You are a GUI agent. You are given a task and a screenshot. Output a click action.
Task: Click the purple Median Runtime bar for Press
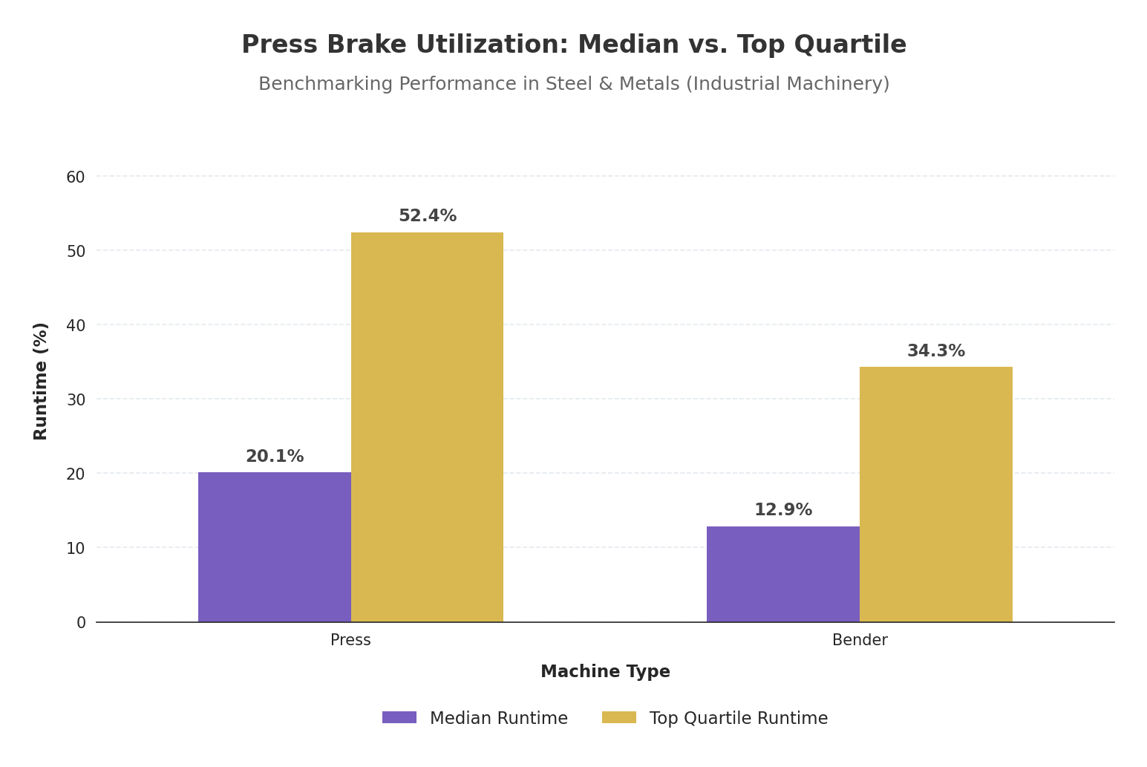pos(275,547)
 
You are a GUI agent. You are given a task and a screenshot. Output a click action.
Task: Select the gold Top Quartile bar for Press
pos(427,427)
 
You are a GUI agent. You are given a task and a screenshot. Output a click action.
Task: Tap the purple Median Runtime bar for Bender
pos(783,574)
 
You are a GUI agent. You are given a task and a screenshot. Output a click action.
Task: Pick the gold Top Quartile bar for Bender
pos(935,495)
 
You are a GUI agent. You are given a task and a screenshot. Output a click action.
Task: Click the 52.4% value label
pos(428,216)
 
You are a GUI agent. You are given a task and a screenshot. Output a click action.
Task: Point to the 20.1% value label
pos(275,457)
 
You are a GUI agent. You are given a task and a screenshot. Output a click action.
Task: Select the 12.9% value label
pos(783,510)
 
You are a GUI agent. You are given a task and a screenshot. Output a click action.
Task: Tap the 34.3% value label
pos(935,351)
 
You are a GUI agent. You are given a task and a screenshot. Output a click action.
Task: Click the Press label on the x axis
pos(350,640)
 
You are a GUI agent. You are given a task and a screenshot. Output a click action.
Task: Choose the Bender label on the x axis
pos(860,640)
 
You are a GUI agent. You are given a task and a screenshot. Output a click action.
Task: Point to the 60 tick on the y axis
pos(76,177)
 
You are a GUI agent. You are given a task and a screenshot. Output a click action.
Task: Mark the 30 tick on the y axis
pos(76,400)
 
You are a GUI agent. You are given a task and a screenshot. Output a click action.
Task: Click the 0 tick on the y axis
pos(81,623)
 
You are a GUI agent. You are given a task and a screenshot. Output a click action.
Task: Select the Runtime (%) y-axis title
pos(41,381)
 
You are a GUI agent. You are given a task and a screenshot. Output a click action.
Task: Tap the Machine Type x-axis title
pos(605,672)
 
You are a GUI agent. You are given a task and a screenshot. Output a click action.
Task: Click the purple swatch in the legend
pos(399,718)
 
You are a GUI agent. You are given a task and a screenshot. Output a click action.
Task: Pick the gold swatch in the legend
pos(619,718)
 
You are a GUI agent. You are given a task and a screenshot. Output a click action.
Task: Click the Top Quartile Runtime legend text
pos(739,719)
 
